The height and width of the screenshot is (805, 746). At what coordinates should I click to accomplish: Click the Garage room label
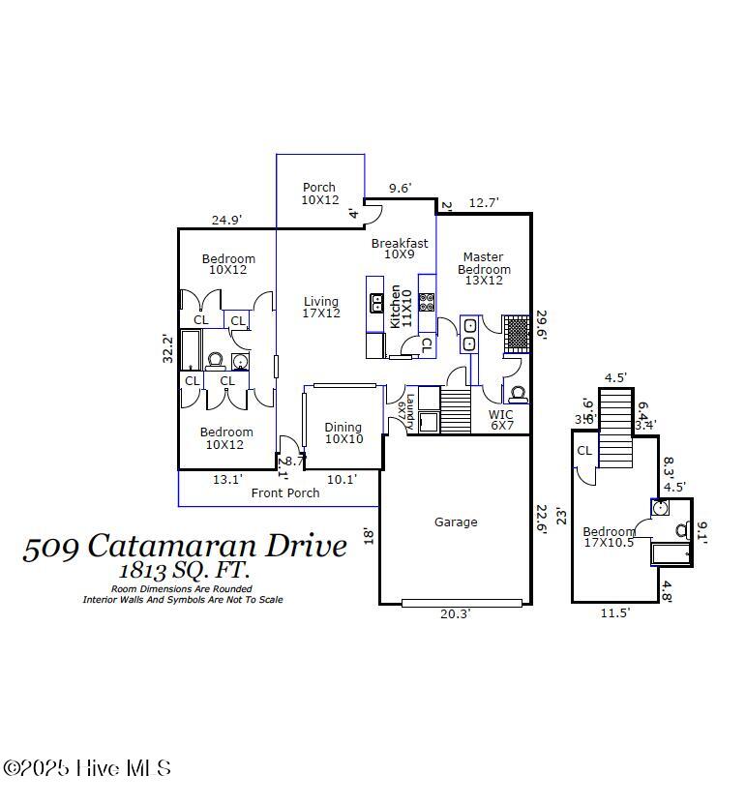point(455,522)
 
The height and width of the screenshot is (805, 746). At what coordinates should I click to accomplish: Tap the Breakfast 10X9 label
point(400,249)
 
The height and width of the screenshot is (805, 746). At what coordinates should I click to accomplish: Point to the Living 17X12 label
point(321,308)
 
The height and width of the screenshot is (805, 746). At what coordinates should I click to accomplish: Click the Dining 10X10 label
point(343,432)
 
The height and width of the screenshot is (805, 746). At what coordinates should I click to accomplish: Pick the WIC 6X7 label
point(501,420)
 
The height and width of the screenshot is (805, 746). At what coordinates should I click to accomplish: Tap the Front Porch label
point(285,493)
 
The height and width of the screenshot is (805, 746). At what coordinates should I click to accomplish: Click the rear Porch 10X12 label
point(319,194)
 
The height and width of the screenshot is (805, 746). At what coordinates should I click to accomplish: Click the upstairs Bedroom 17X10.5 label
point(610,537)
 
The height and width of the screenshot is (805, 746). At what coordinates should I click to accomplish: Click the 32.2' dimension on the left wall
point(167,348)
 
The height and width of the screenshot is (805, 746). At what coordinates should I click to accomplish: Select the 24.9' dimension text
point(226,221)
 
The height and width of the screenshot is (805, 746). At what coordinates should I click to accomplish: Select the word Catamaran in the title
point(184,546)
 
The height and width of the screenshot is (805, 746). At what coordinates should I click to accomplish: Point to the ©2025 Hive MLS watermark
point(87,768)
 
